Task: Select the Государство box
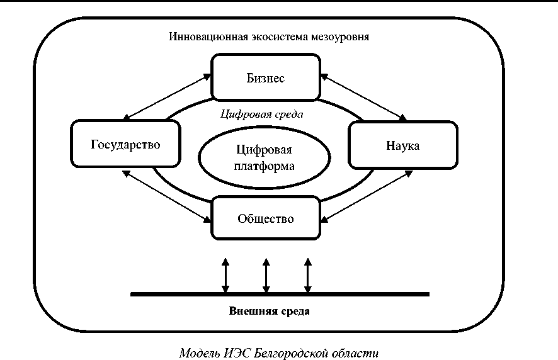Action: click(x=126, y=144)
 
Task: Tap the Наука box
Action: click(x=402, y=145)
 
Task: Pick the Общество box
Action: click(x=265, y=218)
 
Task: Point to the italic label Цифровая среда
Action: click(x=263, y=115)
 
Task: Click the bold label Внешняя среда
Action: click(x=278, y=311)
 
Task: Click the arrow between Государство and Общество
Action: click(x=168, y=195)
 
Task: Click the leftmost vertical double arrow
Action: click(x=225, y=276)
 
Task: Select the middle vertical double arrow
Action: click(x=266, y=276)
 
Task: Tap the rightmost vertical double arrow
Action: click(x=307, y=276)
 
